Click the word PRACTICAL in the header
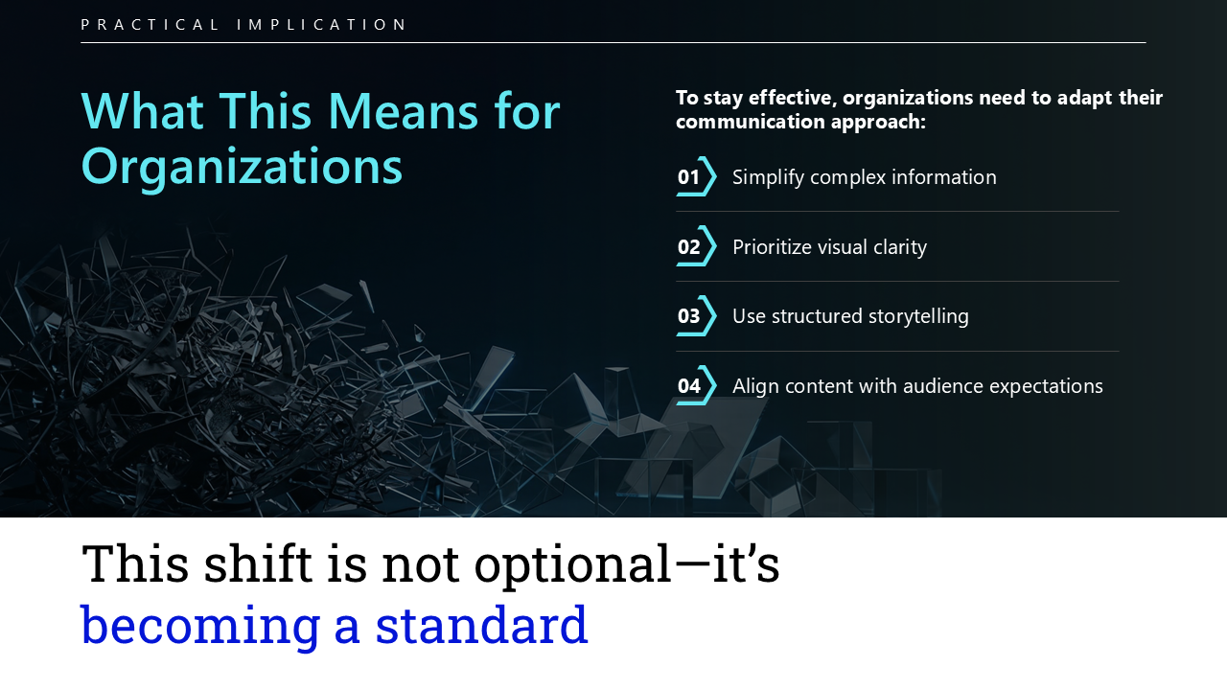pyautogui.click(x=150, y=25)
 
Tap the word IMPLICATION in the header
pyautogui.click(x=321, y=25)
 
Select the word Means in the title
pyautogui.click(x=403, y=112)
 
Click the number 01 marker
pyautogui.click(x=688, y=177)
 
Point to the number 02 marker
pyautogui.click(x=688, y=247)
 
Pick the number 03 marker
pyautogui.click(x=688, y=316)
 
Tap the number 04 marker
pyautogui.click(x=688, y=386)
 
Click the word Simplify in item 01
pyautogui.click(x=769, y=178)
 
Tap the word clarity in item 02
pyautogui.click(x=900, y=248)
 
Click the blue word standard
pyautogui.click(x=481, y=626)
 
